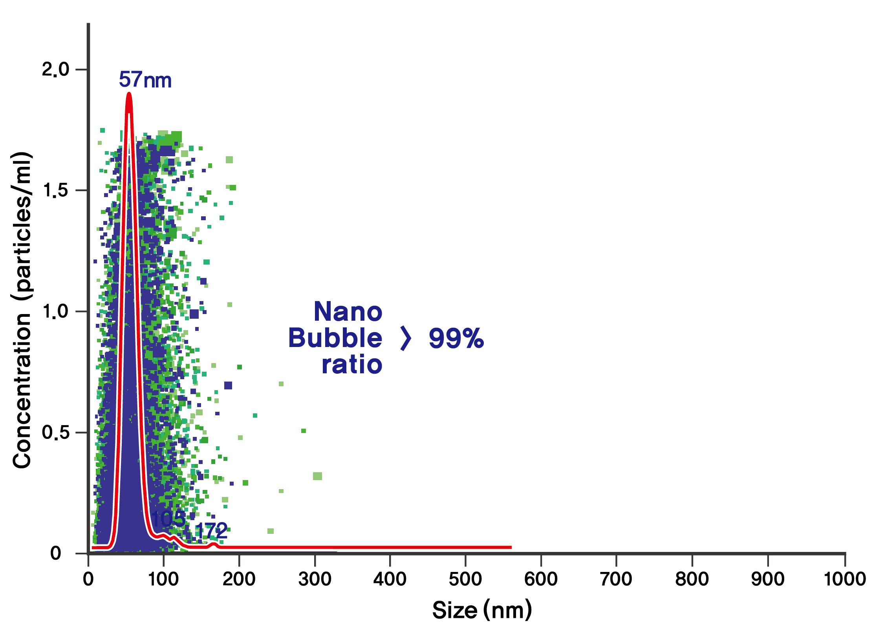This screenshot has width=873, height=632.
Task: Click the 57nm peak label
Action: [145, 80]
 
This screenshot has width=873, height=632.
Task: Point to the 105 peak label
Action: [168, 519]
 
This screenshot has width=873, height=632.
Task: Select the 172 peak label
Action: [211, 532]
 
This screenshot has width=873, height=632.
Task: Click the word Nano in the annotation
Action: [348, 312]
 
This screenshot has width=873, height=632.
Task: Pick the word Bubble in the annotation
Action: [335, 338]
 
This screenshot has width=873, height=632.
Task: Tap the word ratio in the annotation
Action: [352, 365]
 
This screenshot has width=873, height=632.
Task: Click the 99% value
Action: [456, 338]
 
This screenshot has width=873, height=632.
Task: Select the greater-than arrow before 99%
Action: [406, 338]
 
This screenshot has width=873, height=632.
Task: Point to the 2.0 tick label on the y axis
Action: [55, 69]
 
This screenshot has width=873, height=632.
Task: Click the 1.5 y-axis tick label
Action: [55, 190]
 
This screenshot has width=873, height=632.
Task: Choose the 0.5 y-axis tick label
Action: [55, 432]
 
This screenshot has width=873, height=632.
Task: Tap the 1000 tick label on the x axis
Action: [844, 579]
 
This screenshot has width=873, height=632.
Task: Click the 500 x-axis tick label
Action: [465, 579]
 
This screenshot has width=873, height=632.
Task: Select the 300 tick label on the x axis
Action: [315, 579]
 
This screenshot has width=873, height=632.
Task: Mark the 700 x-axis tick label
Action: [616, 579]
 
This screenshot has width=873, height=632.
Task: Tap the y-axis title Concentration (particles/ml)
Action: [22, 310]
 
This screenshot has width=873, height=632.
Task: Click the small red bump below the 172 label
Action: [213, 544]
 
